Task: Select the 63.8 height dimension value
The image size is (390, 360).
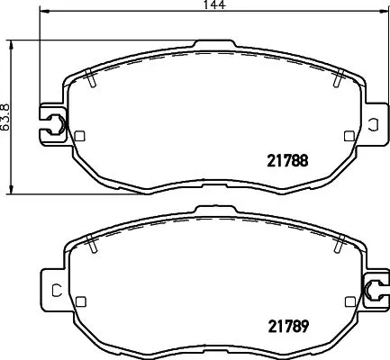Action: (x=8, y=115)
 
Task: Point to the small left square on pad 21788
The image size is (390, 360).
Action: (x=79, y=137)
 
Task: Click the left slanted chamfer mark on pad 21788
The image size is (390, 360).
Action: (x=93, y=79)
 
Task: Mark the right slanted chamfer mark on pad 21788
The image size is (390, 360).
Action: (x=336, y=79)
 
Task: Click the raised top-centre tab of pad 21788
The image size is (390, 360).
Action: (x=214, y=43)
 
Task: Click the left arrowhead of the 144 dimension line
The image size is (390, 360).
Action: (x=45, y=14)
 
